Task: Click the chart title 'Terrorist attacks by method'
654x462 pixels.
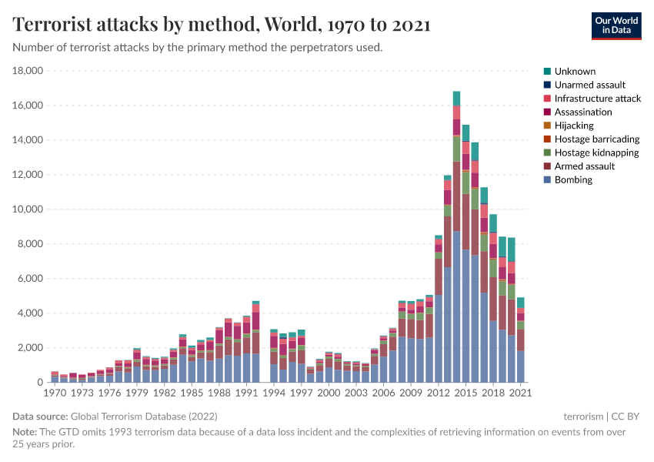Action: pos(222,25)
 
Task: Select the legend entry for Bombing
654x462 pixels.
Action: pos(573,179)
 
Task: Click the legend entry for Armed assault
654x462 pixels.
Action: pos(584,166)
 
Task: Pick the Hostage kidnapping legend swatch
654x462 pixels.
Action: pos(547,152)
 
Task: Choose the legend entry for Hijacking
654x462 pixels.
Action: pos(573,126)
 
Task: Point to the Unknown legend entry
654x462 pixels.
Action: pos(574,72)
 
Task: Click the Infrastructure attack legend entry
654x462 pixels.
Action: pos(597,99)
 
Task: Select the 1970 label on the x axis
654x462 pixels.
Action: pos(55,393)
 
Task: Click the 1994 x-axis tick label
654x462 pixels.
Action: pos(274,393)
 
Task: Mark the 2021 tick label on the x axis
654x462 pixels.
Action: pos(521,393)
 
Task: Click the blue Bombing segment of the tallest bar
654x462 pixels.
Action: pos(456,308)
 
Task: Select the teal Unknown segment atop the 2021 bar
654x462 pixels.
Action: pos(521,303)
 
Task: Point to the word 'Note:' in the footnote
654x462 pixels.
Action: pos(25,432)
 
